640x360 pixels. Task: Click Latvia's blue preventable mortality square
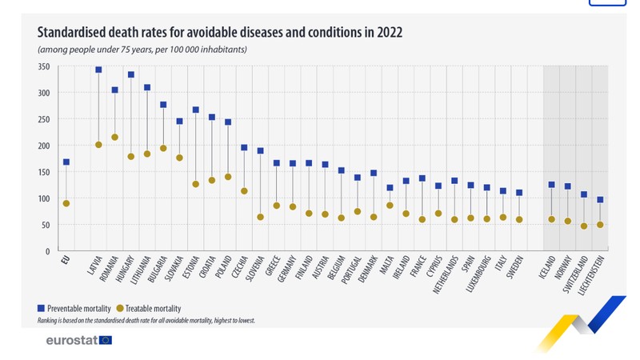pos(98,70)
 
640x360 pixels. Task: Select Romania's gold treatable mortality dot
pos(114,137)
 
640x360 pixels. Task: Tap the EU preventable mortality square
pos(66,162)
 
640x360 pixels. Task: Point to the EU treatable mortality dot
pos(66,203)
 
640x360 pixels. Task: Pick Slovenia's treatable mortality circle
pos(261,217)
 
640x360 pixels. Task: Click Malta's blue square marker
pos(390,188)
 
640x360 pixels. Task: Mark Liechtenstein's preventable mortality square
pos(600,199)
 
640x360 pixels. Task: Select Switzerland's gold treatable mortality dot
pos(584,226)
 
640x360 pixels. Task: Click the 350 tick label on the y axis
pos(44,66)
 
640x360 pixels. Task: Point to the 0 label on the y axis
pos(48,252)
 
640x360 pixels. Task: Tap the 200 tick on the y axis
pos(44,146)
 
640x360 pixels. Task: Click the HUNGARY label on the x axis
pos(125,269)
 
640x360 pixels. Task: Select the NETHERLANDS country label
pos(446,274)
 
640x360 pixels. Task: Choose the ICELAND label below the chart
pos(547,267)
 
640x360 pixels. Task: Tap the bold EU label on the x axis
pos(66,260)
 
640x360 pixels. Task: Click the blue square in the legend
pos(41,308)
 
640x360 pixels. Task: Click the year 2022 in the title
pos(390,32)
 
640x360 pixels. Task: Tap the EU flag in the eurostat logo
pos(106,340)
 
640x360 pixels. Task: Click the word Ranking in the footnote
pos(47,321)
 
